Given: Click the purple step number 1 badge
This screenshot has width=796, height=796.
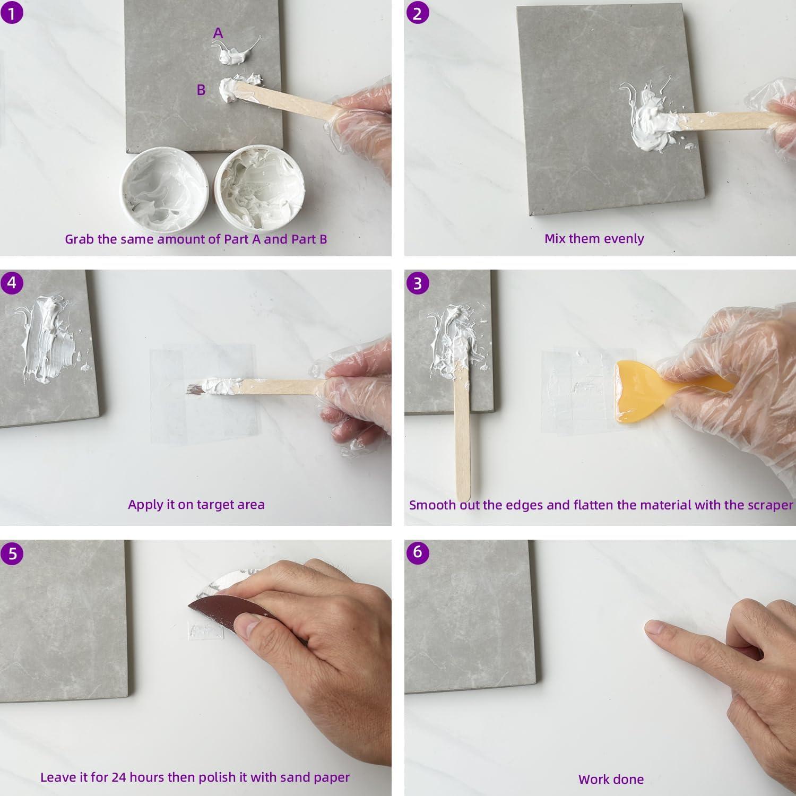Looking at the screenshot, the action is click(x=12, y=12).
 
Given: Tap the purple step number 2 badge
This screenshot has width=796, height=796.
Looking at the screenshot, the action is click(x=417, y=12).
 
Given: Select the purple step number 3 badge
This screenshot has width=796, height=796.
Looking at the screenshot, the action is click(x=417, y=282).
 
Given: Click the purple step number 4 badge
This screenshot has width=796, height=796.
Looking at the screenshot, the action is click(x=12, y=282).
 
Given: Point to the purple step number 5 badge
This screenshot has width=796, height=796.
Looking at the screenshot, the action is click(x=12, y=553).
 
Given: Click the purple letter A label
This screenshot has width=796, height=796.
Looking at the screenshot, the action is click(x=218, y=33).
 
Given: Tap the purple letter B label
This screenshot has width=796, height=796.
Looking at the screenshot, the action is click(x=201, y=90).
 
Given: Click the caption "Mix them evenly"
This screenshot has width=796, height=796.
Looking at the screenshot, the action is click(x=594, y=238).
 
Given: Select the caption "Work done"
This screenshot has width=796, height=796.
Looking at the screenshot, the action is click(x=611, y=779).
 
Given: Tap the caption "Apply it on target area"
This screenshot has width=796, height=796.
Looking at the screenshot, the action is click(x=196, y=504).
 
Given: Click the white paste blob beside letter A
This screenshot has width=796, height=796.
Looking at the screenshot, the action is click(x=233, y=53).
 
